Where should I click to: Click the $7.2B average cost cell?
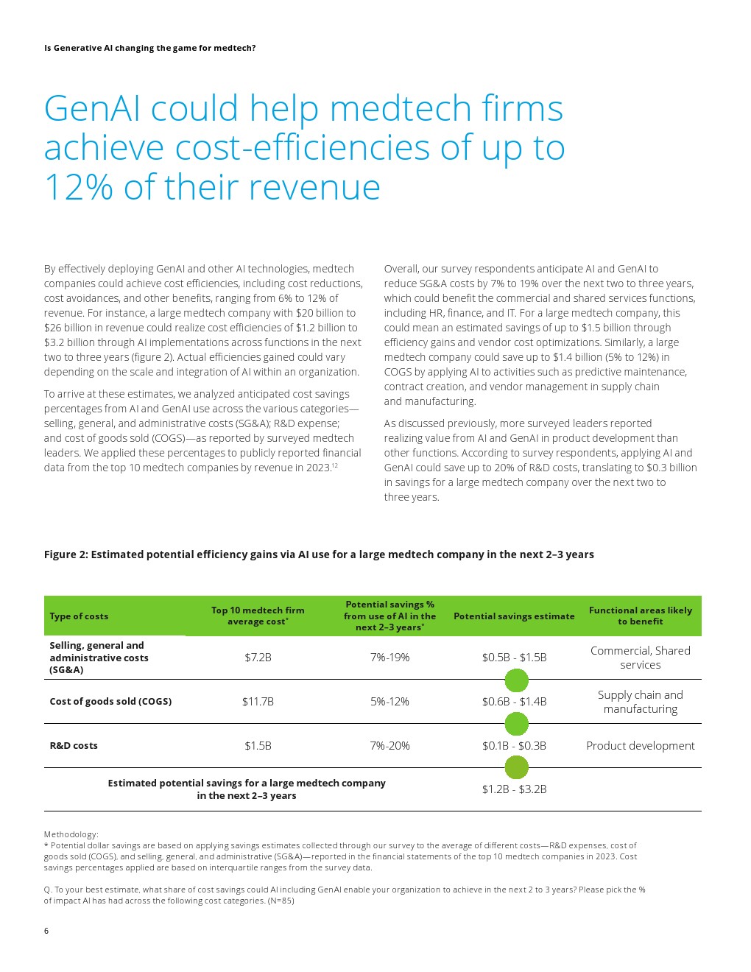coord(258,657)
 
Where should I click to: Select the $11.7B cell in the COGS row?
coord(258,702)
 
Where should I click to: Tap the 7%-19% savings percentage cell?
coord(389,657)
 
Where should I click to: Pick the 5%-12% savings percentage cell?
coord(389,702)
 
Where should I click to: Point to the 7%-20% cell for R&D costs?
coord(389,746)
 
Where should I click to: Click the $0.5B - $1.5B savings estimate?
coord(514,657)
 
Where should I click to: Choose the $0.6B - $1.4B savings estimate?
coord(514,702)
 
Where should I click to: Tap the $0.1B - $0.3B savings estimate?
coord(514,746)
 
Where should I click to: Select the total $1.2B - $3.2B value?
coord(514,789)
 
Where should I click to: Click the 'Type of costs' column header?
coord(79,616)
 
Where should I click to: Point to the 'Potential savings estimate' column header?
coord(514,616)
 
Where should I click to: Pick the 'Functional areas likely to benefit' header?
coord(640,616)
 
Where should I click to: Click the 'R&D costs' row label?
coord(74,745)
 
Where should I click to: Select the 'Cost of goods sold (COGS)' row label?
coord(110,701)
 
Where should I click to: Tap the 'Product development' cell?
coord(640,746)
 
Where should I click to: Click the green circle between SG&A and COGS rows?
coord(516,680)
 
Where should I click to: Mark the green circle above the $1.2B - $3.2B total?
coord(516,767)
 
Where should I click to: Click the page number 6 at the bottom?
coord(46,931)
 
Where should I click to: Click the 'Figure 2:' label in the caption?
coord(66,554)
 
